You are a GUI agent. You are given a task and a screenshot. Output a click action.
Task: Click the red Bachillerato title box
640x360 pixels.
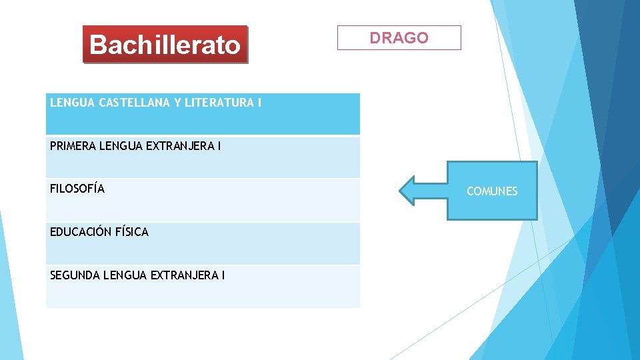[x=165, y=45]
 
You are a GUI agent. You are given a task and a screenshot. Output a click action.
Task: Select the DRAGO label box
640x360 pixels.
[x=399, y=38]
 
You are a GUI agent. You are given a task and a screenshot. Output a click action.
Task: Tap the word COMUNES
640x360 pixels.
[x=491, y=191]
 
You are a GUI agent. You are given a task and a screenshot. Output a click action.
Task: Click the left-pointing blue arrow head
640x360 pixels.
[x=409, y=191]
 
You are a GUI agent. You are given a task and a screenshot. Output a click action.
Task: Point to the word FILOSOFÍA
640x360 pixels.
[x=77, y=189]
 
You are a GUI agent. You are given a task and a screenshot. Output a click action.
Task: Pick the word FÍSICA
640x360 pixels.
[x=132, y=232]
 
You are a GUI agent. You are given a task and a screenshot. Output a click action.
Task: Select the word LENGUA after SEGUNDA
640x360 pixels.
[x=124, y=275]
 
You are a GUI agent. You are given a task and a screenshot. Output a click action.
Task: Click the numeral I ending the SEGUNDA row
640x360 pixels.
[x=223, y=275]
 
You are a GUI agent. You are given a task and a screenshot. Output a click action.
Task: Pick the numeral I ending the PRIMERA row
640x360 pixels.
[x=218, y=145]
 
